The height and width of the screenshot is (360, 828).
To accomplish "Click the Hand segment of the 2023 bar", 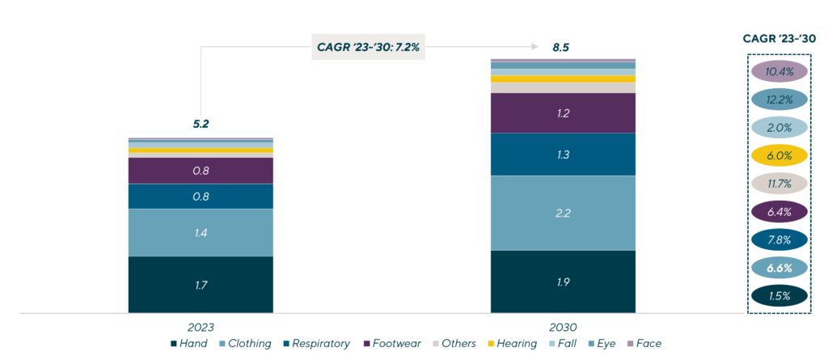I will (201, 285).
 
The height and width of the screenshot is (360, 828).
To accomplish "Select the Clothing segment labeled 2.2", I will (563, 213).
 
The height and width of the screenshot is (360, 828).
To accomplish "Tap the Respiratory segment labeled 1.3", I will (563, 155).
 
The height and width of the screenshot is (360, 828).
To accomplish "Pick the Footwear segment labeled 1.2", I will (563, 113).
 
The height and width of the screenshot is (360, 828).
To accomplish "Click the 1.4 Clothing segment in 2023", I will (201, 233).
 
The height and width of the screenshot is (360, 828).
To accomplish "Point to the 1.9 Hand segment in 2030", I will (563, 282).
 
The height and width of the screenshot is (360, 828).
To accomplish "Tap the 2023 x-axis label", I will (201, 328).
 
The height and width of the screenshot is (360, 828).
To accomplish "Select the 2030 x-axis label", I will (563, 328).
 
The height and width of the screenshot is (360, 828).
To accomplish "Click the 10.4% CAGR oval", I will (779, 72).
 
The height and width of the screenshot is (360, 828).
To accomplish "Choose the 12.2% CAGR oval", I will (779, 100).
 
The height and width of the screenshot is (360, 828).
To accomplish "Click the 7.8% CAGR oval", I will (779, 240).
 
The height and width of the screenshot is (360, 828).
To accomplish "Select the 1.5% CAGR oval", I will (779, 296).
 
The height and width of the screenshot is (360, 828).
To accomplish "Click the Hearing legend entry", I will (516, 344).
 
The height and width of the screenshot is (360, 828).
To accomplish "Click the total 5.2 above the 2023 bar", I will (201, 125).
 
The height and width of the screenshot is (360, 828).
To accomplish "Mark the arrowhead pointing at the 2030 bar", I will (535, 47).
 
